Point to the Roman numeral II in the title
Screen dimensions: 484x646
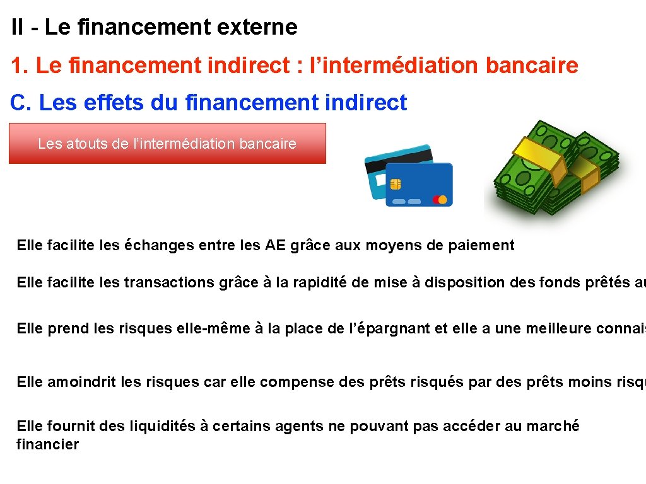click(18, 27)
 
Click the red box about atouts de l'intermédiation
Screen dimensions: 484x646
click(167, 144)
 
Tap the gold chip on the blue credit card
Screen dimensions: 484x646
click(396, 183)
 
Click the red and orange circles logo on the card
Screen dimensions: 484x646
click(440, 200)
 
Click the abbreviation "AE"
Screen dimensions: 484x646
click(275, 245)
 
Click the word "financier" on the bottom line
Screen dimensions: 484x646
click(47, 444)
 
